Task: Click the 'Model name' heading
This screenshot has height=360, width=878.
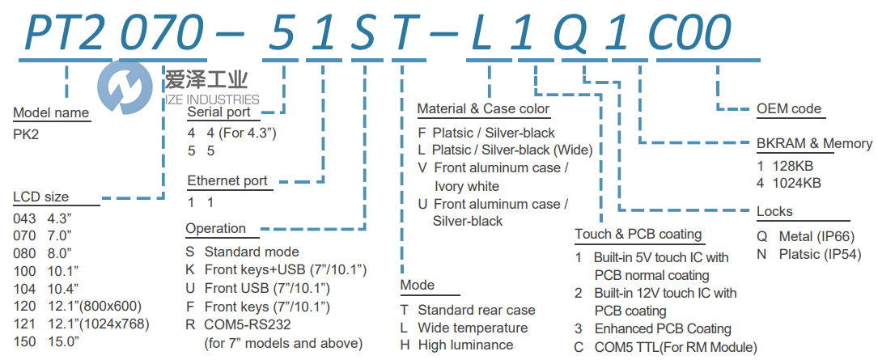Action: point(51,113)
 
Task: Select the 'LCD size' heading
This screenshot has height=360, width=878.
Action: point(40,197)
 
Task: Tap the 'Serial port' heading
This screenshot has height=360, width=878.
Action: point(218,112)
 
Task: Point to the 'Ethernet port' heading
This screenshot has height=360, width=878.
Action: point(227,180)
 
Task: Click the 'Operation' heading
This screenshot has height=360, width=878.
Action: point(215,228)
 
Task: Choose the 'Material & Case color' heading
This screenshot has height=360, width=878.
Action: point(483,108)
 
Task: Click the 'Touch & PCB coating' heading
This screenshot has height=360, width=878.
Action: point(638,235)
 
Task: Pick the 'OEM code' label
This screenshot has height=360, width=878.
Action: point(788,108)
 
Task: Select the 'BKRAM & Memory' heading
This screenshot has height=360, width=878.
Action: point(814,144)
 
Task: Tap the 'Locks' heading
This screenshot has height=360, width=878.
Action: point(774,212)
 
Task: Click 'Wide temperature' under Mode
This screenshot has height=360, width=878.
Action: point(473,328)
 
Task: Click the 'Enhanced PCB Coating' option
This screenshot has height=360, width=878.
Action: point(663,328)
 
